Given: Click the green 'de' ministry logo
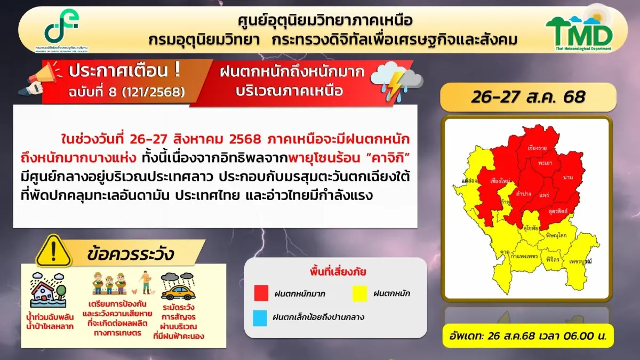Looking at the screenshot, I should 62,29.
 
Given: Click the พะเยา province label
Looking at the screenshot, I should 546,161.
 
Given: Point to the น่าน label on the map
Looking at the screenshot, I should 568,175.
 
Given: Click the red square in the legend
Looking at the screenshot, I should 261,293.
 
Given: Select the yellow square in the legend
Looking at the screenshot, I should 361,293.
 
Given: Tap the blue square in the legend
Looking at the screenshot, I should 261,317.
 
